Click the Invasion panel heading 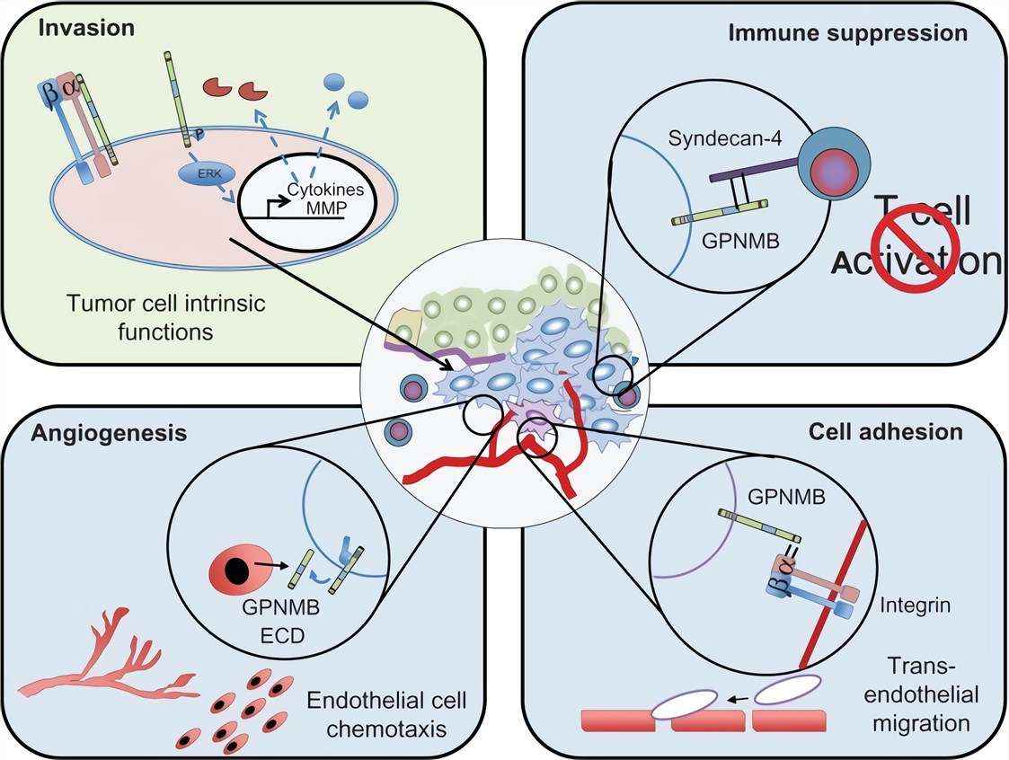pos(86,27)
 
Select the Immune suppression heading pos(848,33)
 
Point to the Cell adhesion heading pos(885,432)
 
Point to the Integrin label pos(914,607)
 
